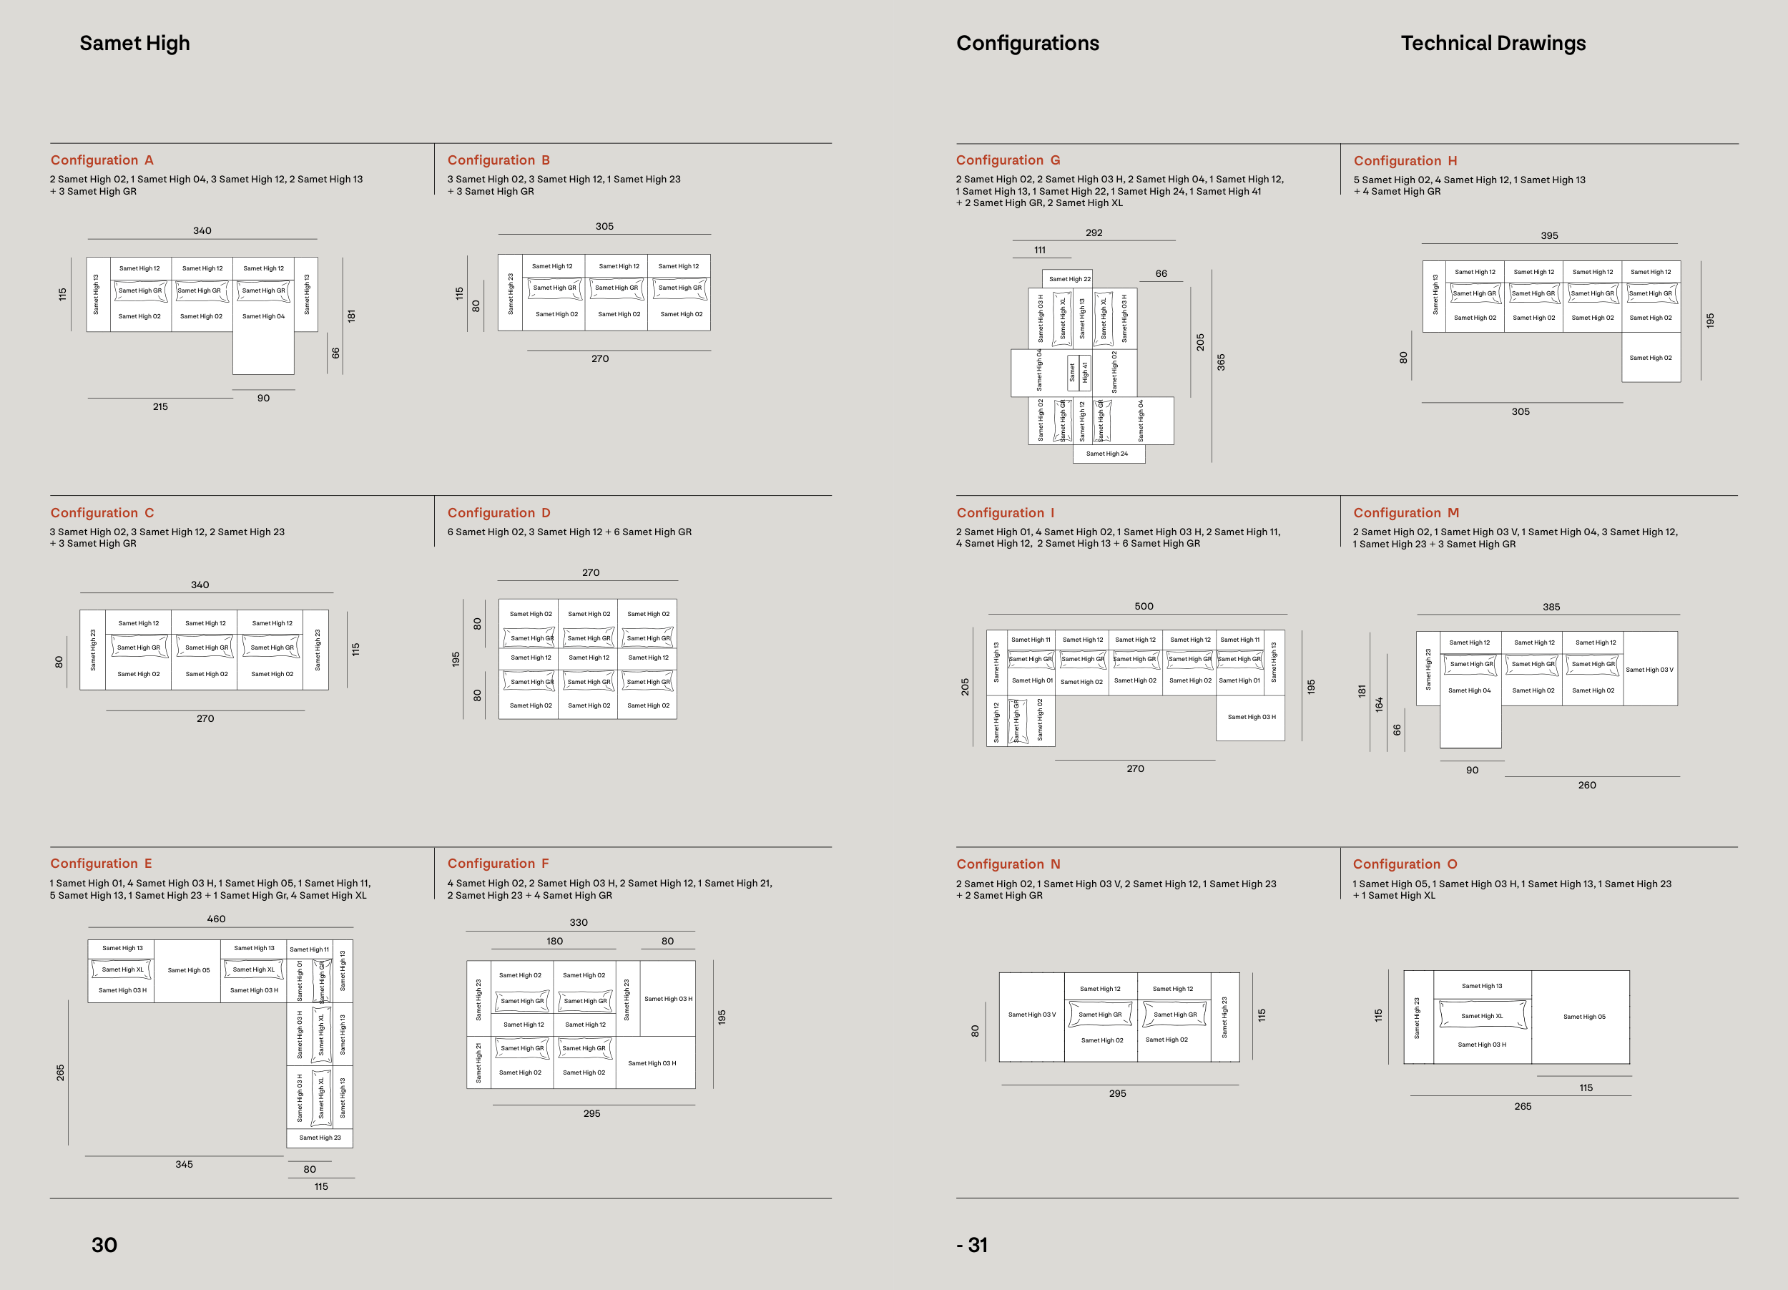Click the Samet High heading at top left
point(134,44)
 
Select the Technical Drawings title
point(1493,44)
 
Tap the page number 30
point(104,1244)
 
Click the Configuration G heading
point(1008,160)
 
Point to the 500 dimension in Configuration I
point(1143,606)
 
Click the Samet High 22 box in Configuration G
point(1069,279)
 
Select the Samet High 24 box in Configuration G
point(1107,454)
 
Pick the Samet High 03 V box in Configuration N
point(1031,1015)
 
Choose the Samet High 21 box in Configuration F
point(478,1061)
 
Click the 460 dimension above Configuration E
point(216,919)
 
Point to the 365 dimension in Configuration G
point(1220,362)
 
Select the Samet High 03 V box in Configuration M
point(1649,670)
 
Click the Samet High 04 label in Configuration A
point(263,317)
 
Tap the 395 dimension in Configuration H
point(1549,236)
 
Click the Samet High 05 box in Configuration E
point(188,971)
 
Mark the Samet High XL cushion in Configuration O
point(1481,1015)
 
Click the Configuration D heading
point(499,512)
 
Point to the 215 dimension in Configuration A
point(160,407)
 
